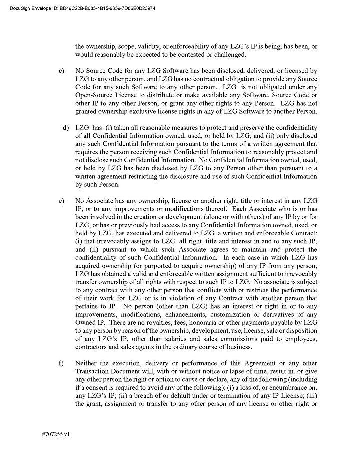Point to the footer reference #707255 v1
point(56,434)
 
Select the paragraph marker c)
point(62,71)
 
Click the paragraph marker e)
point(62,200)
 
